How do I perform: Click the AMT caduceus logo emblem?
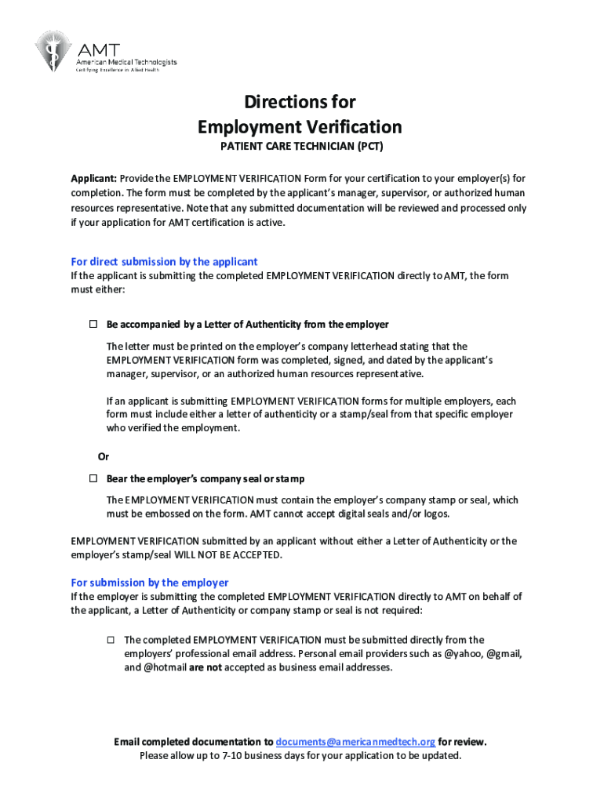click(x=52, y=50)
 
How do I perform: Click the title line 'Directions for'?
click(x=300, y=102)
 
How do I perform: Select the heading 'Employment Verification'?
click(x=300, y=127)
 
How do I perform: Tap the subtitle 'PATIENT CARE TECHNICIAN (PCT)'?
click(x=300, y=147)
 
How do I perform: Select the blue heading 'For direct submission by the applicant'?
click(x=164, y=262)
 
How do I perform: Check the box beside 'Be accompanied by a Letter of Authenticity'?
click(x=92, y=324)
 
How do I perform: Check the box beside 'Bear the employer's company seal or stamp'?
click(x=92, y=478)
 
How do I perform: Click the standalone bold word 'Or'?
click(x=103, y=456)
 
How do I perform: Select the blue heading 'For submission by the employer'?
click(x=150, y=583)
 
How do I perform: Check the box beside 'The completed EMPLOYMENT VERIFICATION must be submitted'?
click(x=111, y=640)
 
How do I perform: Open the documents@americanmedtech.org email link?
click(x=355, y=742)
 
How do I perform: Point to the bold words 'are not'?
click(x=206, y=668)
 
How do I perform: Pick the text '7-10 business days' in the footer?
click(x=260, y=756)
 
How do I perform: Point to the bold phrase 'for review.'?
click(x=462, y=742)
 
